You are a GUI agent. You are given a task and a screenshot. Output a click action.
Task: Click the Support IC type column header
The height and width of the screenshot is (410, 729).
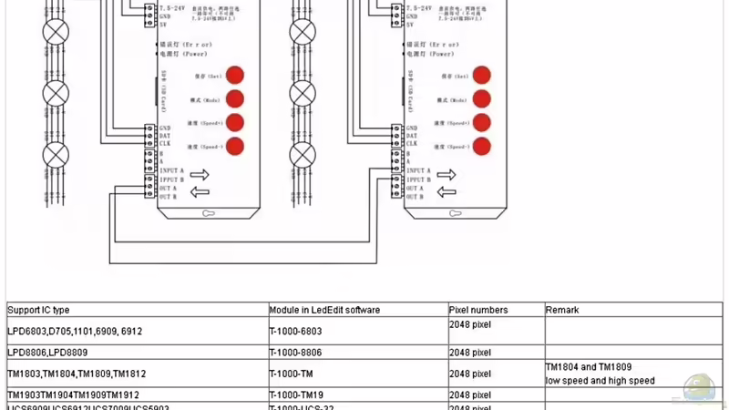[38, 310]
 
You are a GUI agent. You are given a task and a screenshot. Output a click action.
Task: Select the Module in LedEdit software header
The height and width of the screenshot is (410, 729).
[324, 310]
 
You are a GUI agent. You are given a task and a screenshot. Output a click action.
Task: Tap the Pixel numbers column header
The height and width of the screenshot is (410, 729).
[478, 310]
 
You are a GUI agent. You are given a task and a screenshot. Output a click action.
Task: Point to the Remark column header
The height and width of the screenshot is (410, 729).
[562, 310]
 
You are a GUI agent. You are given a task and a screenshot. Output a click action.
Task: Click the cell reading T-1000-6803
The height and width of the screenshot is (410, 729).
[295, 331]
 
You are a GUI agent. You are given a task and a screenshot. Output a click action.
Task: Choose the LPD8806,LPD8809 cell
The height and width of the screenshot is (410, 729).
[47, 352]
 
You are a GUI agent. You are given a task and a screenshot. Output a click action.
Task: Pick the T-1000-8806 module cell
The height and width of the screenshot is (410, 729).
[295, 352]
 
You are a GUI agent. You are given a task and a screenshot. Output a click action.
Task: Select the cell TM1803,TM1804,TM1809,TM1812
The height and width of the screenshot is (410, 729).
[77, 374]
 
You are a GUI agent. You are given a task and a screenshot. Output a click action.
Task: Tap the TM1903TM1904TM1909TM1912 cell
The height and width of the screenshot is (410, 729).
[74, 395]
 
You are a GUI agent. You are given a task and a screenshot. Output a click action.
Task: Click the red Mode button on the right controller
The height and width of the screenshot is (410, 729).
[481, 98]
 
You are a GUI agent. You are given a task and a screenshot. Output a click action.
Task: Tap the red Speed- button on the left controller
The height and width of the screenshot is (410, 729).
[235, 146]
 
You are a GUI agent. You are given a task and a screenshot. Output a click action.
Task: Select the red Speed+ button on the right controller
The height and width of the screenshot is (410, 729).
[481, 122]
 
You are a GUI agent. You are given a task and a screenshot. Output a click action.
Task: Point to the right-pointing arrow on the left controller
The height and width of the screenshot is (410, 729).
[200, 174]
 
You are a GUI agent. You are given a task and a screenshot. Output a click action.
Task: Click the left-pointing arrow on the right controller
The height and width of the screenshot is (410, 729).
[447, 191]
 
